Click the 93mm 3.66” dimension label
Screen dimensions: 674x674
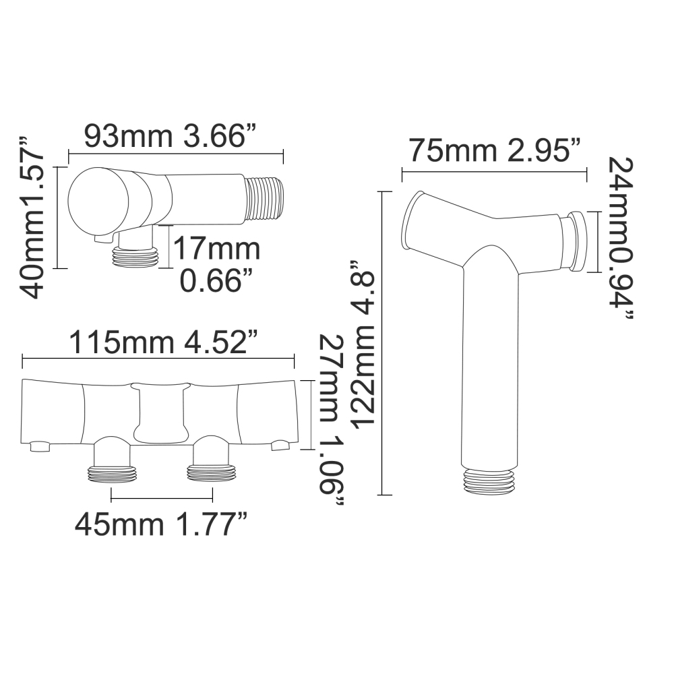point(173,137)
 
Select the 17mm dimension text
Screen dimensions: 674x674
point(216,249)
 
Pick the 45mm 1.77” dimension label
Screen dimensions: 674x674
point(161,522)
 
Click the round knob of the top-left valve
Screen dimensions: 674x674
point(99,201)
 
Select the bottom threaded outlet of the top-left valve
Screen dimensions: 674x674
point(133,255)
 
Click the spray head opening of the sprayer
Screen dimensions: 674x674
point(411,220)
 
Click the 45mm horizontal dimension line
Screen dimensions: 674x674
point(161,499)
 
